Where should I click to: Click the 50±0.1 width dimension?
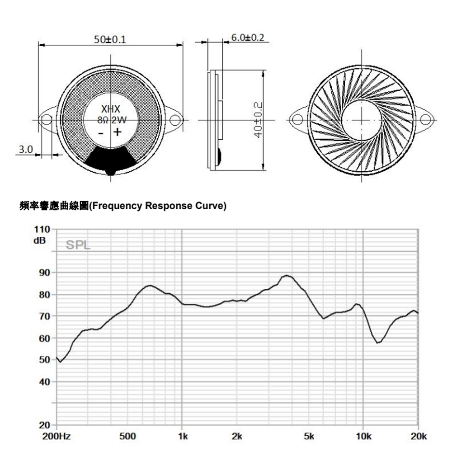click(x=110, y=39)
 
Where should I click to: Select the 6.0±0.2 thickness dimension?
click(x=247, y=37)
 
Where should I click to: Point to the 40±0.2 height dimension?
click(x=258, y=120)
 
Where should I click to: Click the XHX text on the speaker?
click(x=110, y=109)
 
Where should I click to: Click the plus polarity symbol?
click(x=117, y=132)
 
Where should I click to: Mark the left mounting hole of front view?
click(x=47, y=121)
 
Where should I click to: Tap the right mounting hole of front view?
click(x=175, y=121)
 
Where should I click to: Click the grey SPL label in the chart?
click(x=78, y=246)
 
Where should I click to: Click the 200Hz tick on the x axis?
click(x=58, y=437)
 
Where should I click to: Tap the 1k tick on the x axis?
click(x=182, y=437)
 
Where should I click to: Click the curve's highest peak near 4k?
click(x=287, y=275)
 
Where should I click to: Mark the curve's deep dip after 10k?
click(x=378, y=342)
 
